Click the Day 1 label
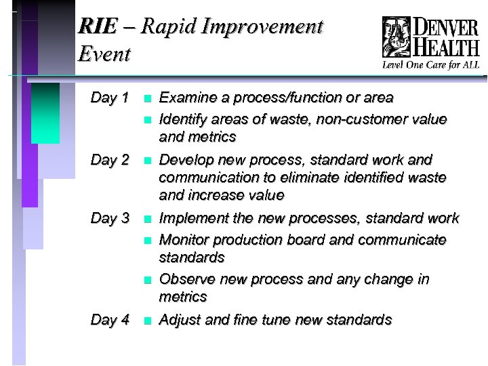point(110,98)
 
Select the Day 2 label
point(110,160)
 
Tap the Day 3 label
point(110,218)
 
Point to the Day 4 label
point(110,320)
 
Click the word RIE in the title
point(96,27)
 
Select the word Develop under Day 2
point(184,160)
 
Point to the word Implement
point(190,218)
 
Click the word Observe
point(185,279)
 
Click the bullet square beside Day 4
point(146,321)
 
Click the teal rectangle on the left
point(45,113)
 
